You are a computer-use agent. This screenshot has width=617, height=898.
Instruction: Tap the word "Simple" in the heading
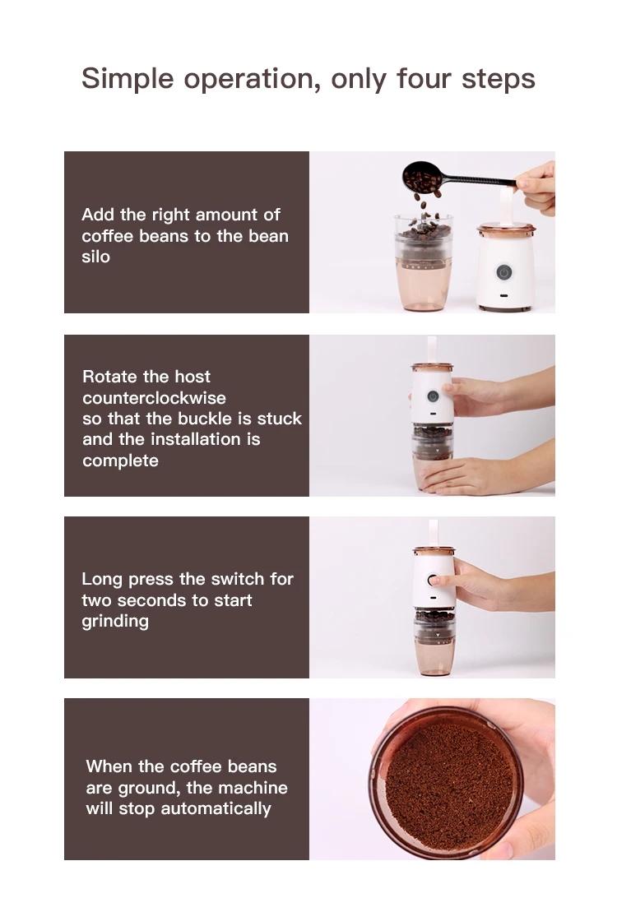(128, 79)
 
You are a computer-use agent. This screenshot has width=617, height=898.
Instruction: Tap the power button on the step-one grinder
(504, 272)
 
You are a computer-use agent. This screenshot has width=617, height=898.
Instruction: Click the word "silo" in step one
(95, 257)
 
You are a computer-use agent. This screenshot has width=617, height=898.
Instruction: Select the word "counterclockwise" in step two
(154, 397)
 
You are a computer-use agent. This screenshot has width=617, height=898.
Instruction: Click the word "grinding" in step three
(115, 622)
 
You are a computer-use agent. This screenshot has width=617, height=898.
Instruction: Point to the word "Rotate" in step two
(110, 377)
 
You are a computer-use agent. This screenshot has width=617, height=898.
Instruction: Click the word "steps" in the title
(499, 79)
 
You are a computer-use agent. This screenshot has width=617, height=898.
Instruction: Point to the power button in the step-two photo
(433, 396)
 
